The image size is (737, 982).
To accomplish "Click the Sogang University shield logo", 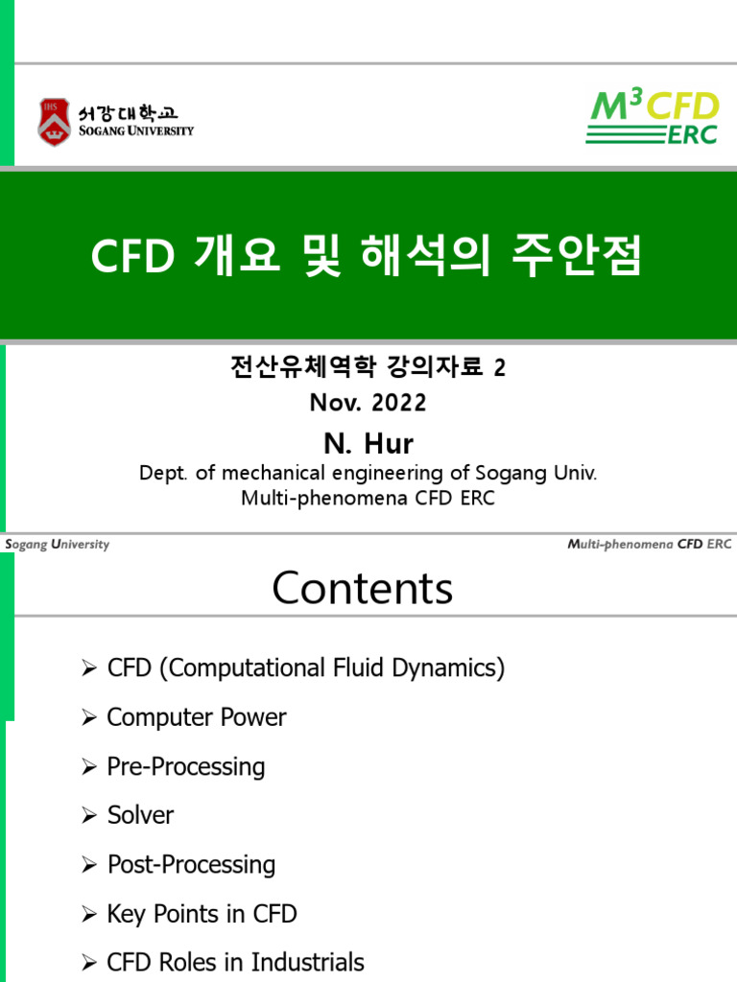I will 54,121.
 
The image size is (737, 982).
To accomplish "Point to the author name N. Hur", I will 368,443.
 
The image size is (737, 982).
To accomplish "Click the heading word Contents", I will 362,588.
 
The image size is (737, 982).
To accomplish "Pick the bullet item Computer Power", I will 196,717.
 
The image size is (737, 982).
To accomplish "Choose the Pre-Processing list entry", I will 185,766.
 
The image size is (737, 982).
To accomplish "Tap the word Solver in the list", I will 140,815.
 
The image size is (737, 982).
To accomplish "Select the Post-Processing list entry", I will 191,864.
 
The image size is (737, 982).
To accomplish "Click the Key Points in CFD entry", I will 202,914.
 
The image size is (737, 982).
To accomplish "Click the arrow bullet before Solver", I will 90,816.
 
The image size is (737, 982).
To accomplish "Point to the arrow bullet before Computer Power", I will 90,718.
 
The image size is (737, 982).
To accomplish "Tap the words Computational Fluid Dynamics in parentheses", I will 331,668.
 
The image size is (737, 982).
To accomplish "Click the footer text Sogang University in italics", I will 57,545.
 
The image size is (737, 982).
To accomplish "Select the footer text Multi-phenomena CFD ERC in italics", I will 649,545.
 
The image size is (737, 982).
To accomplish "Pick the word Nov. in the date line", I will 332,404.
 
